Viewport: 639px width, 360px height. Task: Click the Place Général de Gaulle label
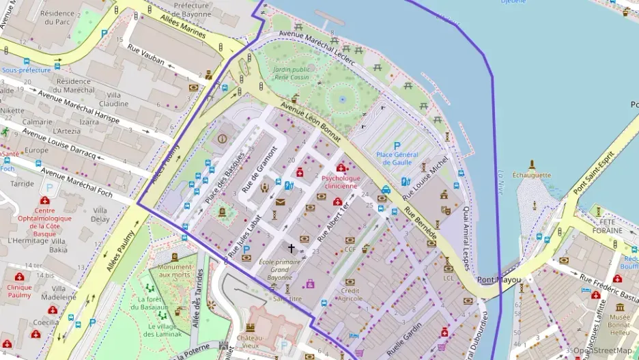pos(397,158)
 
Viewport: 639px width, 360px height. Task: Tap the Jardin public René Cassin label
pos(292,74)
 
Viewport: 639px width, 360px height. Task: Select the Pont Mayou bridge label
pos(499,280)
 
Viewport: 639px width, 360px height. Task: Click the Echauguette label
pos(531,175)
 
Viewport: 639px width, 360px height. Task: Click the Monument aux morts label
pos(175,271)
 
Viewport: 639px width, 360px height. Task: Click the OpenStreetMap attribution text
pos(602,350)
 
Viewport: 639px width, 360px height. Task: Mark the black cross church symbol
pos(292,249)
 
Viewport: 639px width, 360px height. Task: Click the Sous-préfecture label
pos(26,70)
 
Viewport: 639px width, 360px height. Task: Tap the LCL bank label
pos(449,278)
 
